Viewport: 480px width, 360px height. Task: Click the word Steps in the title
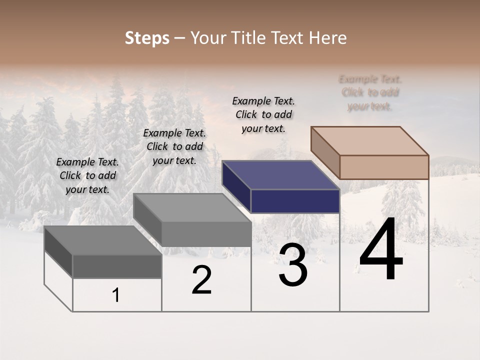click(147, 38)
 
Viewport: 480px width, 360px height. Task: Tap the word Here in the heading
click(327, 38)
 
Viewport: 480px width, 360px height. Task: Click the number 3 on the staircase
click(293, 265)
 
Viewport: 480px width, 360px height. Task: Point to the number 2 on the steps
click(201, 280)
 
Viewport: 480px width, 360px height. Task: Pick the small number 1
click(116, 295)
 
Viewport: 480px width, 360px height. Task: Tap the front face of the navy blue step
click(295, 201)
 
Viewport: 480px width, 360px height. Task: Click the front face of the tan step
click(384, 167)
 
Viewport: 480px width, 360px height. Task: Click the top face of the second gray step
click(192, 207)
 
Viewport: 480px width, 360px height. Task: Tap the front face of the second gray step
click(206, 234)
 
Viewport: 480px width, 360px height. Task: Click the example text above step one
click(87, 175)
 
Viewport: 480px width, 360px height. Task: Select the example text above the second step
click(174, 146)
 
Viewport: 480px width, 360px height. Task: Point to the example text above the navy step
click(263, 114)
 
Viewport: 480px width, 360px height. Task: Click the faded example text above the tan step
click(370, 92)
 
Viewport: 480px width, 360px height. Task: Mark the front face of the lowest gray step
click(117, 266)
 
